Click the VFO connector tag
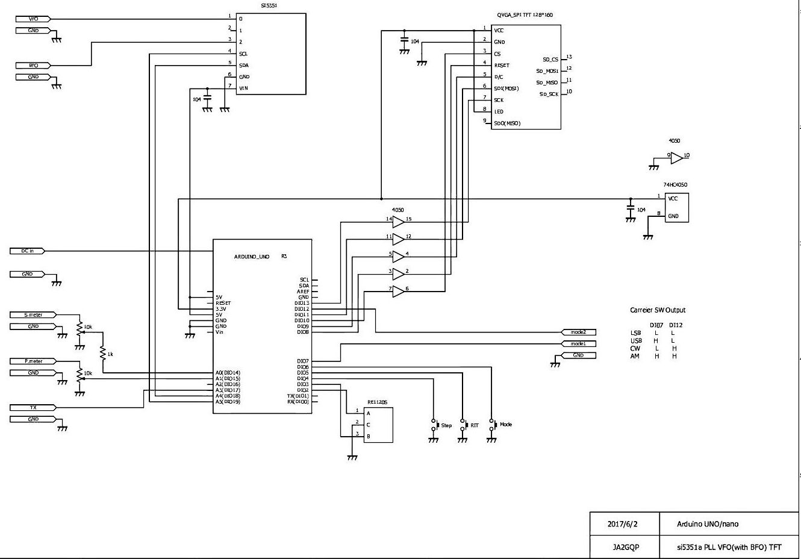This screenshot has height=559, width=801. tap(34, 19)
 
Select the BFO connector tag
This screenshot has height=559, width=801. tap(34, 65)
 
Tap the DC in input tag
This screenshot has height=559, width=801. tap(28, 251)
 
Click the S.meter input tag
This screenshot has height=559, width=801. tap(34, 314)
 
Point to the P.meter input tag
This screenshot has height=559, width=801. tap(34, 361)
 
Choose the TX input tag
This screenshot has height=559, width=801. tap(34, 408)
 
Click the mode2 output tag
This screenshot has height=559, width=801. tap(578, 332)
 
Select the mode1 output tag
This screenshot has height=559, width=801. tap(578, 343)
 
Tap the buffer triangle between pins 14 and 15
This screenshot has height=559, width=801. tap(397, 222)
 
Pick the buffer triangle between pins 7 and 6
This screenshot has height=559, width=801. tap(397, 291)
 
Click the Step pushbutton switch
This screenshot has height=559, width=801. tap(434, 425)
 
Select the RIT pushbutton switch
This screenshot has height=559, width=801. tap(463, 425)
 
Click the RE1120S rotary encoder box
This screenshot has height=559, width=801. tap(378, 425)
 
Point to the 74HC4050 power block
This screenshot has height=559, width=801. tap(676, 207)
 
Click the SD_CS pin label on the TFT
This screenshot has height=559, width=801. tap(550, 60)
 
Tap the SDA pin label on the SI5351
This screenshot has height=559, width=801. tap(244, 65)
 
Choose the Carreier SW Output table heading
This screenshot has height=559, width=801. tap(657, 310)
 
